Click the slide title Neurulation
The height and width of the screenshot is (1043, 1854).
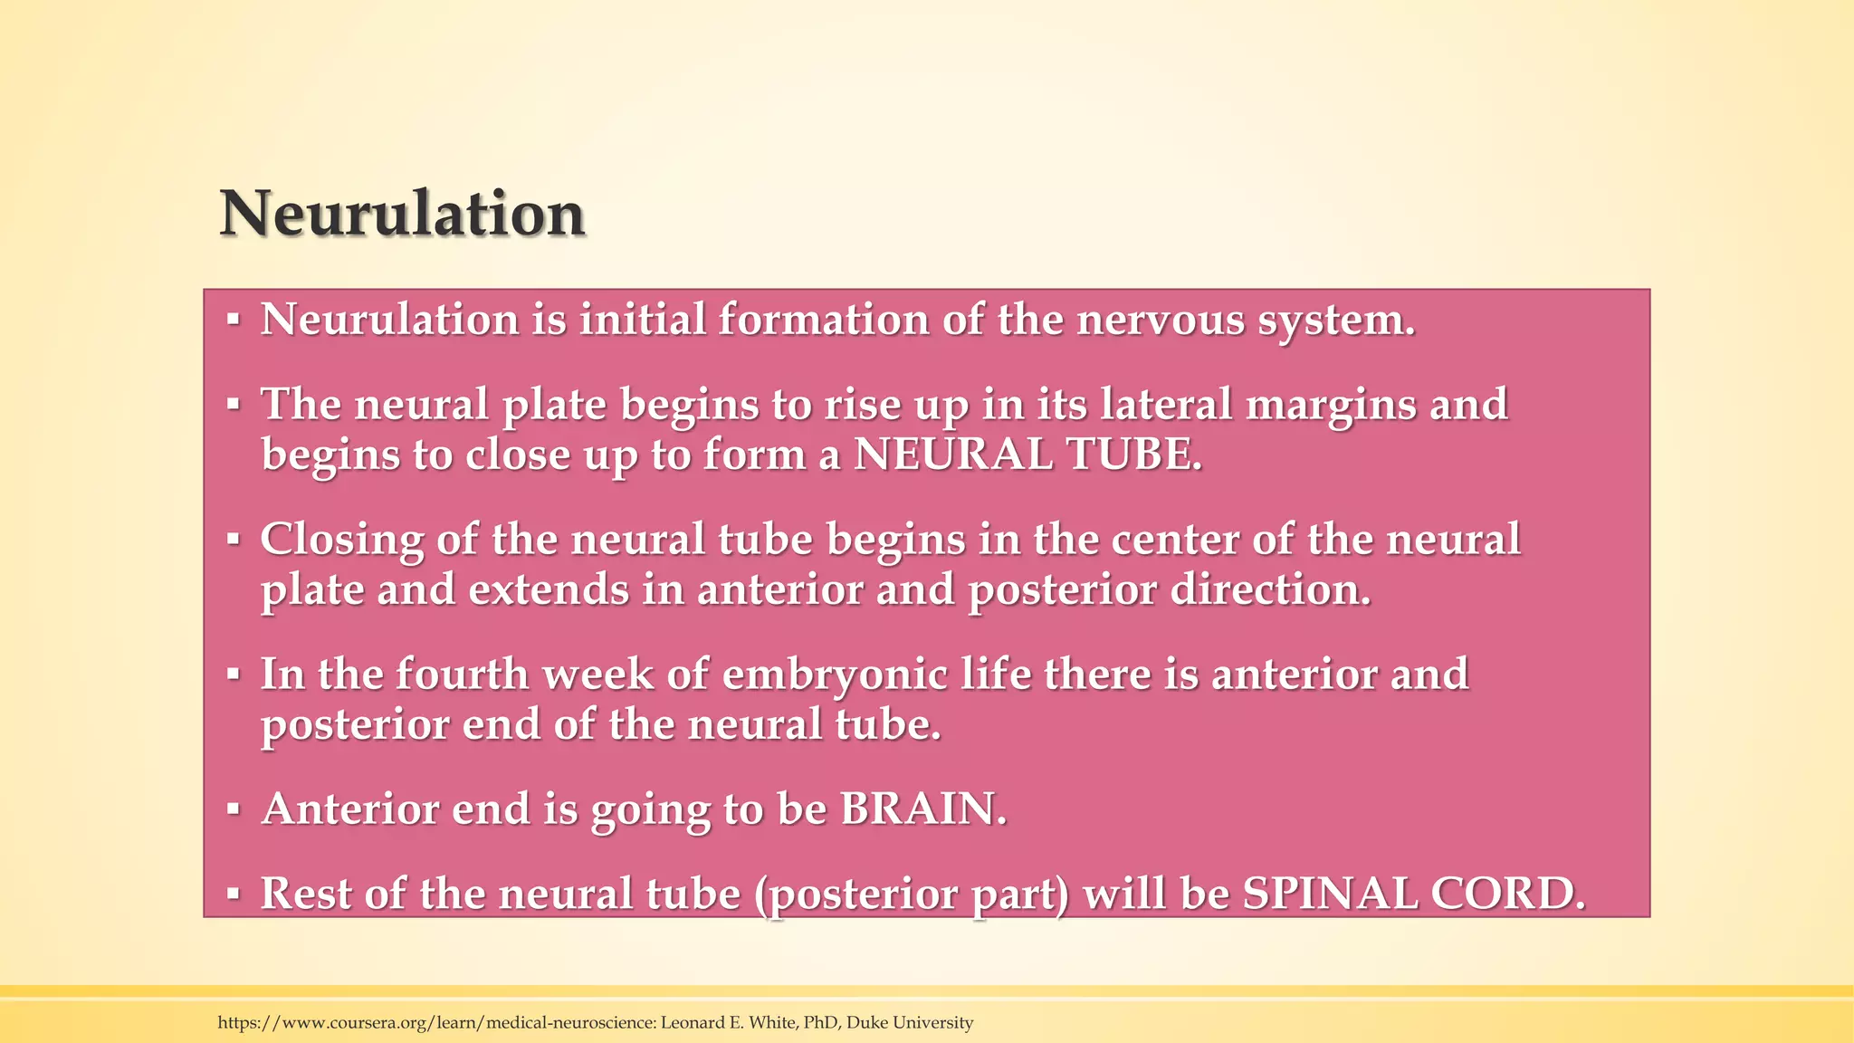[402, 215]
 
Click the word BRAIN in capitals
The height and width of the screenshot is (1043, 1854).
[922, 809]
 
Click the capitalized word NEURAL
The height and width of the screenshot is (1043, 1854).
[953, 454]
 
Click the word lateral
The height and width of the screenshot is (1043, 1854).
[1166, 404]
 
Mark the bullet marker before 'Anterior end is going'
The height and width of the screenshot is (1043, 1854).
[234, 809]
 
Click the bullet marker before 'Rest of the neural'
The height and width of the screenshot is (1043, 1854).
[234, 894]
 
